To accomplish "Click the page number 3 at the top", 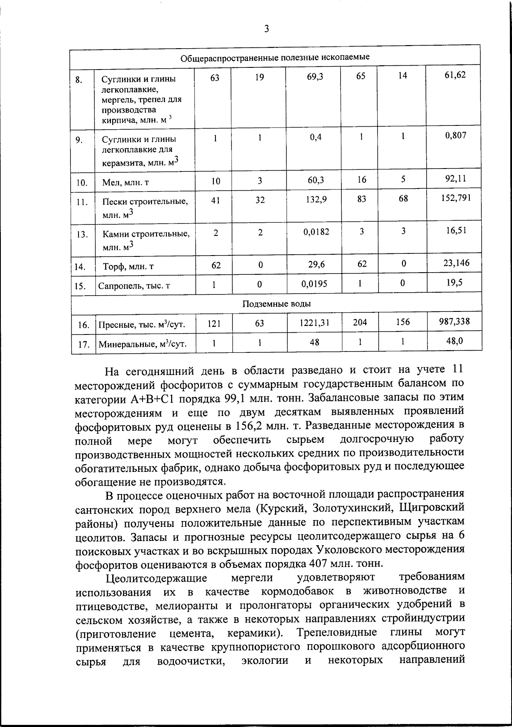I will click(x=267, y=29).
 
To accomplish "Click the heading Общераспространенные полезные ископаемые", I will click(x=275, y=57).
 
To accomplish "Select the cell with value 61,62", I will click(x=455, y=75).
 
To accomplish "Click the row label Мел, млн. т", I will click(x=125, y=183).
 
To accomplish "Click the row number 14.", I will click(x=80, y=267).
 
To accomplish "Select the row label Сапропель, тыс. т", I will click(x=134, y=285).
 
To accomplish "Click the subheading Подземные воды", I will click(x=276, y=304).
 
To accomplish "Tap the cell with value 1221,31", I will click(x=315, y=323).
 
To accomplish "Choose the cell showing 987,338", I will click(x=454, y=321).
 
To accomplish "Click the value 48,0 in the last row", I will click(x=455, y=340).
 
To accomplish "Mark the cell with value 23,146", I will click(x=455, y=263).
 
